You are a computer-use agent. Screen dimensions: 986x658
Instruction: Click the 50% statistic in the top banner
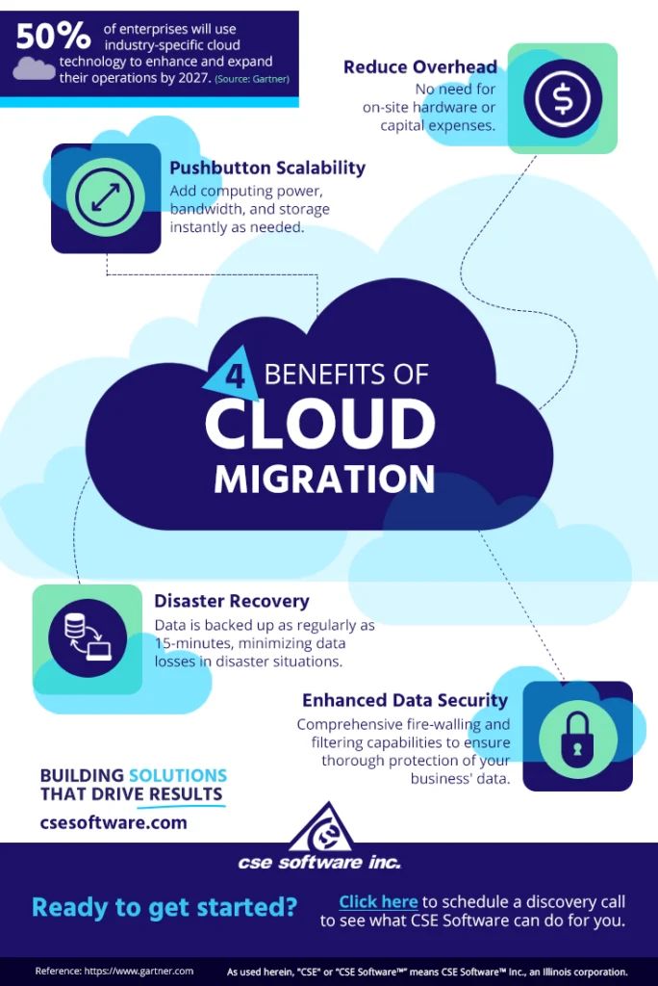[54, 36]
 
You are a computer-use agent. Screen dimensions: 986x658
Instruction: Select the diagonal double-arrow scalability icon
[105, 197]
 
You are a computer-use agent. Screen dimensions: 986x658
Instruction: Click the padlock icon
[577, 737]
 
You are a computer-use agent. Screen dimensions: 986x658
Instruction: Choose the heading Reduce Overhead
[420, 67]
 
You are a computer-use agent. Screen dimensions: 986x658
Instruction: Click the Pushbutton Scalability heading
[267, 168]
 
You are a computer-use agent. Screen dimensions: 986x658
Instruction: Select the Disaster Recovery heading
[232, 601]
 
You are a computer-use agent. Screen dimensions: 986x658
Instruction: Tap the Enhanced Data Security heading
[405, 700]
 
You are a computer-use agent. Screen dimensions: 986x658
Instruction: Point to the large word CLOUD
[319, 424]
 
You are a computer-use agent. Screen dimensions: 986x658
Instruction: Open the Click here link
[378, 901]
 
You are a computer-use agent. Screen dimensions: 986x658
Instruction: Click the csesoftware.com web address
[114, 822]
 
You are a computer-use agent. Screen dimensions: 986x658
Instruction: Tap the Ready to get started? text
[164, 906]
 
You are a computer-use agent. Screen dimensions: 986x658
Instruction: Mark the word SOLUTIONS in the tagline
[178, 775]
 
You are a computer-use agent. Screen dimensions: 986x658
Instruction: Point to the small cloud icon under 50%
[35, 67]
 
